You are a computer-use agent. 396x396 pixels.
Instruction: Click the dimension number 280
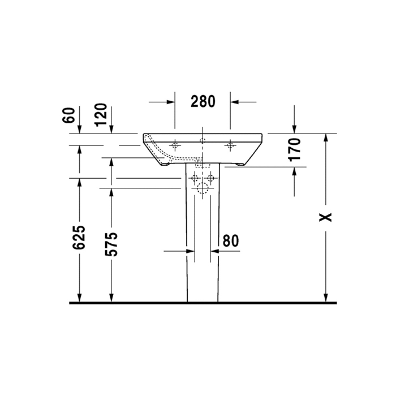[203, 102]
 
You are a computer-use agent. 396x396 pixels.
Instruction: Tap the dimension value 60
[69, 115]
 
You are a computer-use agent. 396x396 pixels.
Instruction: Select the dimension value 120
[101, 115]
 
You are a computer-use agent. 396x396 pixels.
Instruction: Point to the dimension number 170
[294, 149]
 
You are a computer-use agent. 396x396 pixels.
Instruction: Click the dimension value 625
[79, 238]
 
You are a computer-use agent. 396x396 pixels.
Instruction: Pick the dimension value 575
[111, 244]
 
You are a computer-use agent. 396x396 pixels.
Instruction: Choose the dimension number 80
[230, 241]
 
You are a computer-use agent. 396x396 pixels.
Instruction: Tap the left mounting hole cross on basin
[175, 145]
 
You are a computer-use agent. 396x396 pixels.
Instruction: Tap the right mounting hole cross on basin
[230, 145]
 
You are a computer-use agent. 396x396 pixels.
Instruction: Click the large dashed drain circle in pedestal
[202, 188]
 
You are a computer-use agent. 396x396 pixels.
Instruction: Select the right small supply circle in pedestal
[210, 179]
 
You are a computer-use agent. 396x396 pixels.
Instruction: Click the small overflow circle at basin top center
[202, 139]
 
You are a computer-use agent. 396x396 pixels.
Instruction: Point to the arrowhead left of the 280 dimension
[169, 102]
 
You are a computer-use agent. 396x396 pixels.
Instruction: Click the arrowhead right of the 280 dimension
[235, 102]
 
